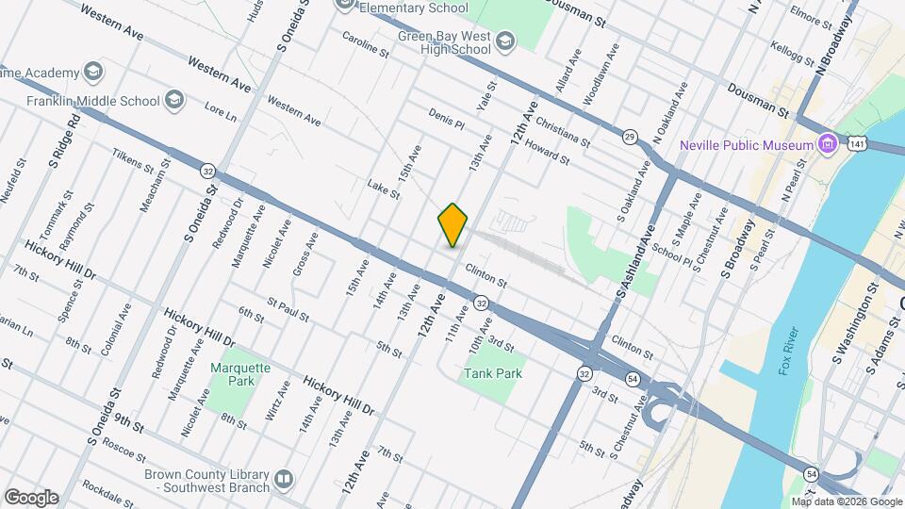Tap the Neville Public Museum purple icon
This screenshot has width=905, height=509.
(x=829, y=145)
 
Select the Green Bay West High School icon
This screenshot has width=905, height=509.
(x=506, y=41)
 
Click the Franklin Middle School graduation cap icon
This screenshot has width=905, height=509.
(x=173, y=100)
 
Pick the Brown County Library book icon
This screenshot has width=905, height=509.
(x=283, y=481)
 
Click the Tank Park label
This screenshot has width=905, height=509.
(x=492, y=373)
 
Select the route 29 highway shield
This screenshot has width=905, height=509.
(x=630, y=138)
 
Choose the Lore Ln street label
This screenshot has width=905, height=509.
(x=221, y=112)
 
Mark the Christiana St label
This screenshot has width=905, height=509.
(x=562, y=132)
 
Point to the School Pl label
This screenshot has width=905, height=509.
(x=672, y=254)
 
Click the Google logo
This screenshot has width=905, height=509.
(x=31, y=497)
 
